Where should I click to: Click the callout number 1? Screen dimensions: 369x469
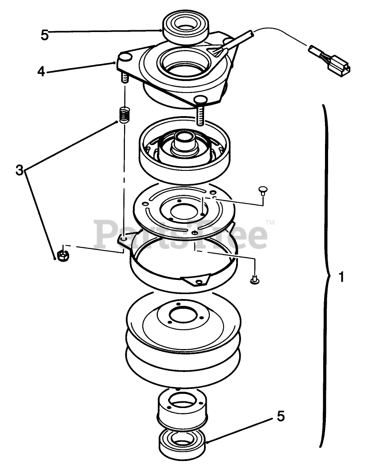[341, 278]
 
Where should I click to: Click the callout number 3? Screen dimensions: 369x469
[19, 170]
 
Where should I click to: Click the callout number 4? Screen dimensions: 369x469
[41, 71]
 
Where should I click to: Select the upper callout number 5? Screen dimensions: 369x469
[44, 35]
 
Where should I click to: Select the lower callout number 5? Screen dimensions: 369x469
[281, 416]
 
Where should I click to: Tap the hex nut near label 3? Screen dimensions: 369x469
[62, 255]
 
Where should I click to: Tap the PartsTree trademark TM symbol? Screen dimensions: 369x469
[270, 222]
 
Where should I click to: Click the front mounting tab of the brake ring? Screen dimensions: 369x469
[196, 280]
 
